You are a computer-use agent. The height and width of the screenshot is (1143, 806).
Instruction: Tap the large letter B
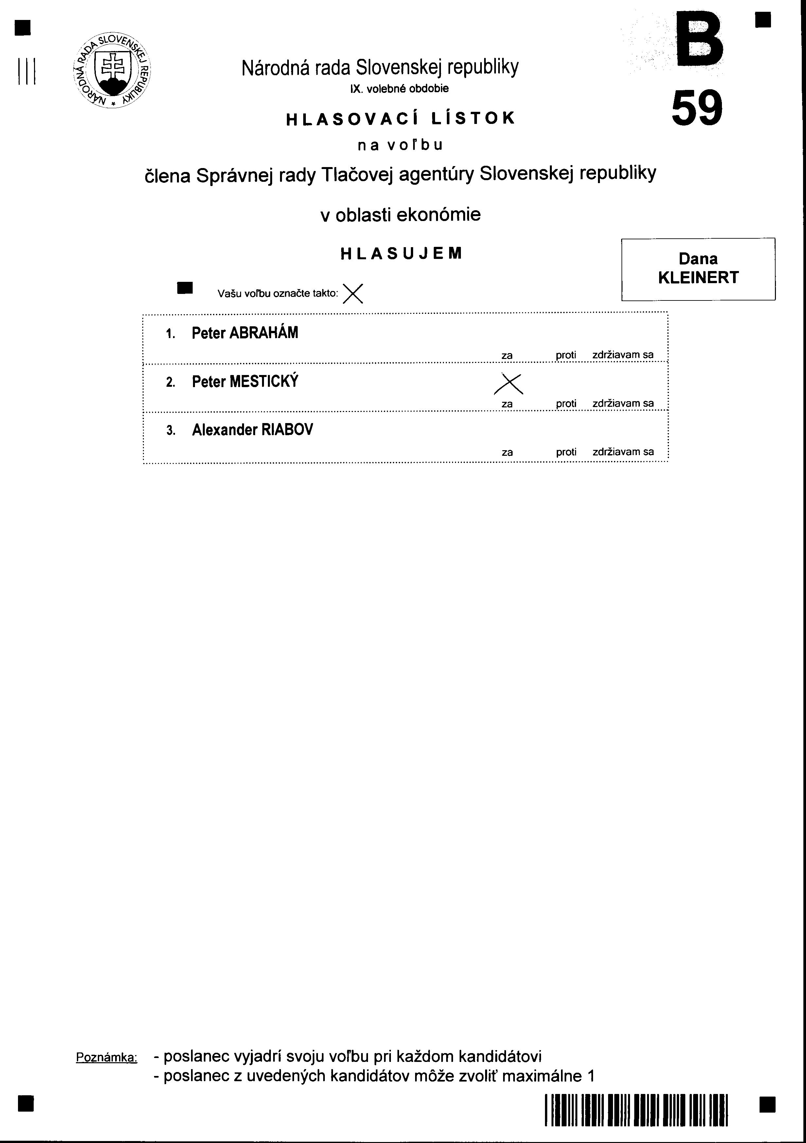(x=697, y=41)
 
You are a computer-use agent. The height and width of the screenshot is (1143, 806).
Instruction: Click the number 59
(x=696, y=109)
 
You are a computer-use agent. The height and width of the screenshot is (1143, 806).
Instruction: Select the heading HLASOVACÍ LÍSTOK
(x=400, y=118)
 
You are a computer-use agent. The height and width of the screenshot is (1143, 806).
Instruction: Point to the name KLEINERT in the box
(x=698, y=278)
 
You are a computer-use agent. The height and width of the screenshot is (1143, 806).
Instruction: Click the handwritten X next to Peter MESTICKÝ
(x=509, y=384)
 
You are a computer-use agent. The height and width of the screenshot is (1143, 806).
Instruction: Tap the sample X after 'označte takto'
(x=353, y=293)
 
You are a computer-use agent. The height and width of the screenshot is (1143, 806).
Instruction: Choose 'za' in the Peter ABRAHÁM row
(x=507, y=355)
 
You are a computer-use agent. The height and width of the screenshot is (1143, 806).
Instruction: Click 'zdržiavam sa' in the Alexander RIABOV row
(x=623, y=452)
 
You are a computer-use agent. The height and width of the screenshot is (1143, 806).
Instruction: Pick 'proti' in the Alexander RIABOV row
(x=566, y=452)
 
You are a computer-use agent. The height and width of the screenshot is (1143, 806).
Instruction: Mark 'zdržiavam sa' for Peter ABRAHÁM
(x=623, y=355)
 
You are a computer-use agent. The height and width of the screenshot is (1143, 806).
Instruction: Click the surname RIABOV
(x=287, y=430)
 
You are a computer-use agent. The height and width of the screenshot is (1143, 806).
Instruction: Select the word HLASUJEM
(x=401, y=253)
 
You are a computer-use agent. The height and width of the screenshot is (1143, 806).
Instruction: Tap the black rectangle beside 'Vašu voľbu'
(x=185, y=288)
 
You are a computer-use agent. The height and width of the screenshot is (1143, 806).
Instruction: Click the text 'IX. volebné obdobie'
(x=399, y=89)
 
